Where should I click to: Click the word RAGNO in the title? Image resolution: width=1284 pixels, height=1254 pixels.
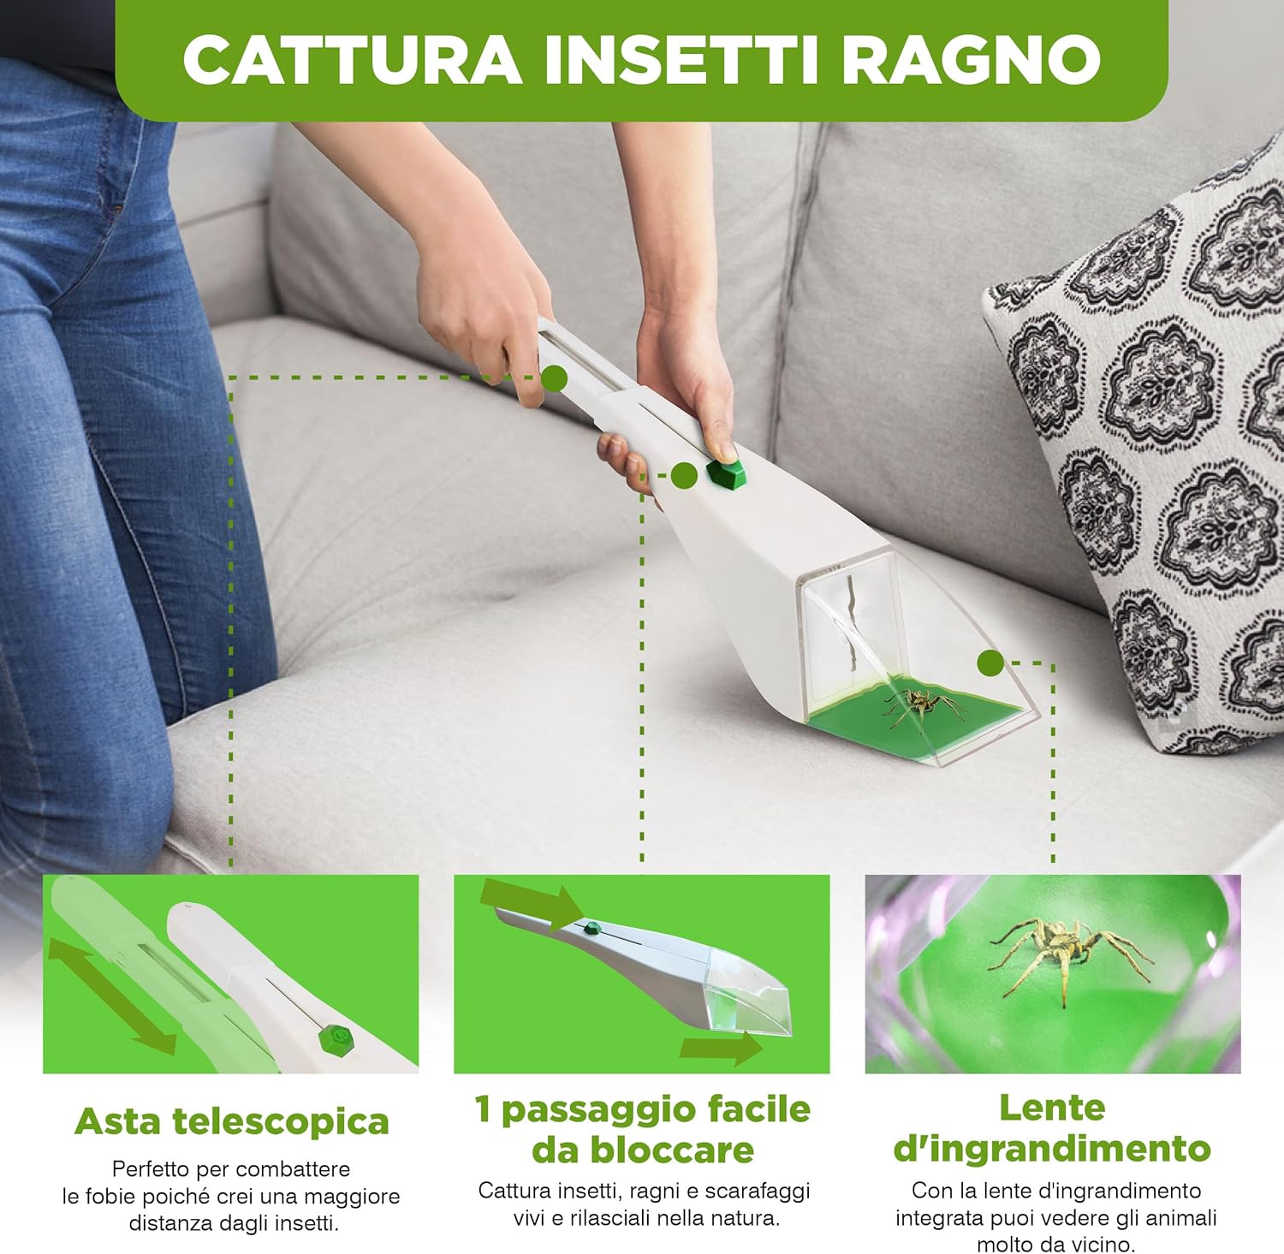972,60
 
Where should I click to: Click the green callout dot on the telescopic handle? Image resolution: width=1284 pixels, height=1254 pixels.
554,377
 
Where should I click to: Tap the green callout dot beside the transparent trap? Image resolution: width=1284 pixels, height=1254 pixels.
990,662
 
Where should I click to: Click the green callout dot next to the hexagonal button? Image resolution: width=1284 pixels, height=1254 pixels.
683,475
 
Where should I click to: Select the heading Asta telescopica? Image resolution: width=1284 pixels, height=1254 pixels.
231,1121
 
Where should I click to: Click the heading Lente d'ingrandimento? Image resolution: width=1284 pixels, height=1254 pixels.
1052,1128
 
